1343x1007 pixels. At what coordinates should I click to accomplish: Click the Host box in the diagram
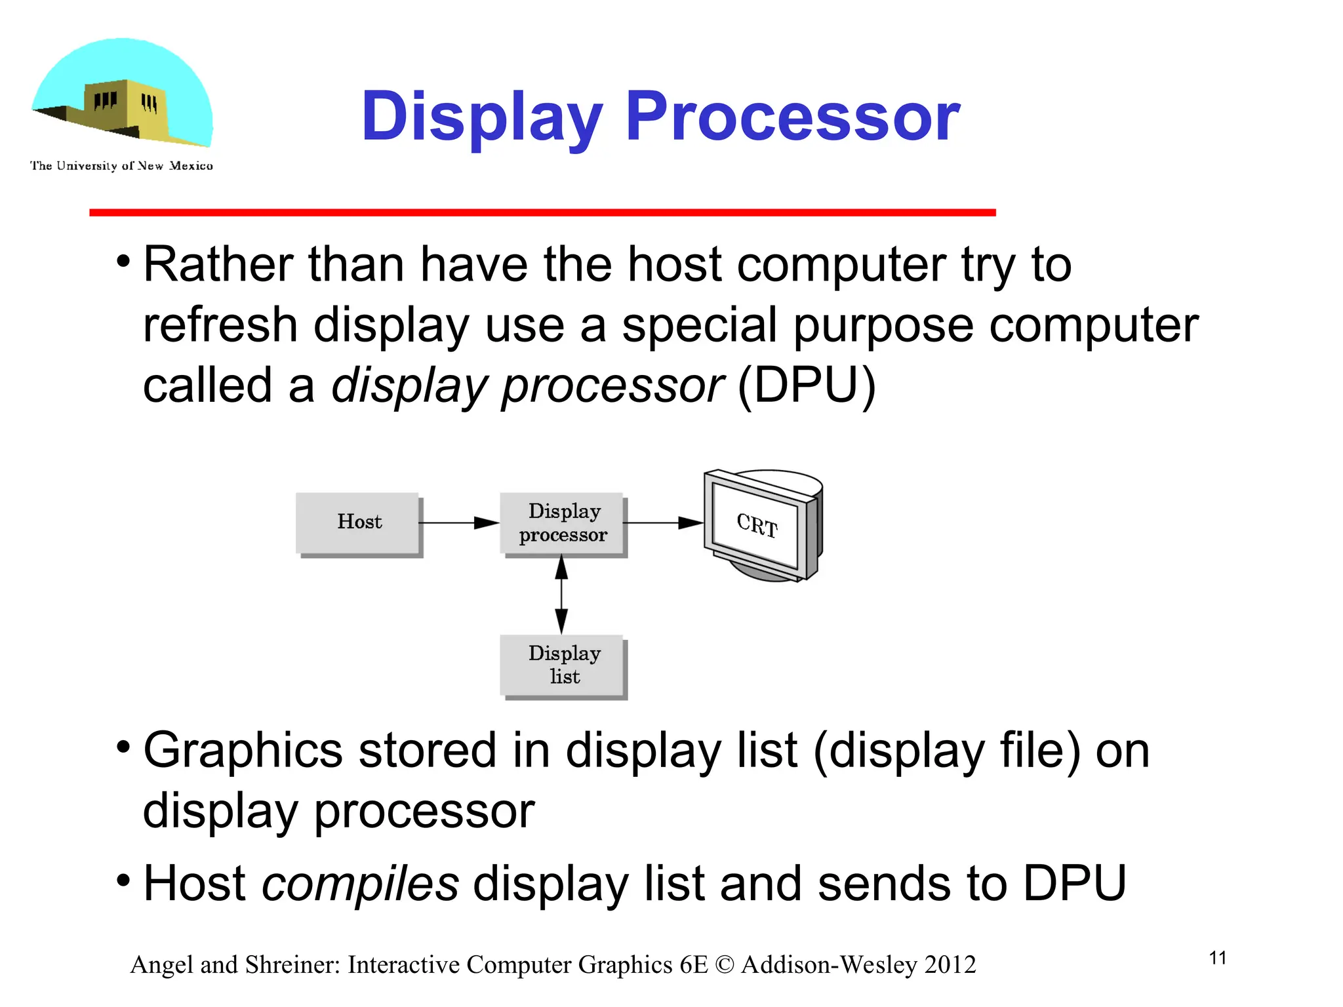tap(357, 523)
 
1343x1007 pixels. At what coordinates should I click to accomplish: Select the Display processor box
tap(562, 523)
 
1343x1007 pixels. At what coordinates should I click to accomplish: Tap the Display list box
tap(562, 665)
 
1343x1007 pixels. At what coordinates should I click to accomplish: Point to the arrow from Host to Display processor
tap(459, 523)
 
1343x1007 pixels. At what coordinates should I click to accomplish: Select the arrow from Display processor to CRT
tap(662, 523)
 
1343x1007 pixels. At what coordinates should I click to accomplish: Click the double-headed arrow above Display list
tap(561, 595)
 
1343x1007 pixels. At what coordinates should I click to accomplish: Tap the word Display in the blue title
tap(482, 118)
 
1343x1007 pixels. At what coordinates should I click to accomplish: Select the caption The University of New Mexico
tap(121, 166)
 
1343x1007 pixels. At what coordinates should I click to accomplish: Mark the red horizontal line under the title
tap(542, 212)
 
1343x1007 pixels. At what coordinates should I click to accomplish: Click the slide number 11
tap(1217, 958)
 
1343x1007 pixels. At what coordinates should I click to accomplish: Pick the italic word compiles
tap(360, 883)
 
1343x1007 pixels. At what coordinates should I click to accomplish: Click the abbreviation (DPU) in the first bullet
tap(807, 385)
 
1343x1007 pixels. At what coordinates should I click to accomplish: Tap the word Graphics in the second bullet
tap(243, 751)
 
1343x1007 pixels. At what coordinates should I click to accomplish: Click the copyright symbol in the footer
tap(724, 965)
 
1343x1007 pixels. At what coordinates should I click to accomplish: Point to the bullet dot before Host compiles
tap(123, 879)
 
